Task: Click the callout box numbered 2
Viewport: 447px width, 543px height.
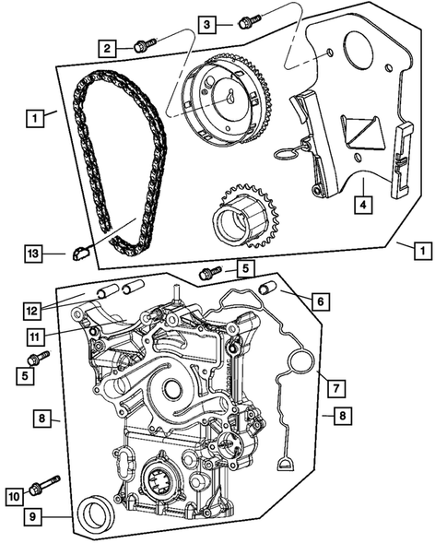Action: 109,47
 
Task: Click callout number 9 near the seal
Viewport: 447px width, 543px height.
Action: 33,516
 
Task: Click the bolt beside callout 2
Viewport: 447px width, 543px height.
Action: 143,42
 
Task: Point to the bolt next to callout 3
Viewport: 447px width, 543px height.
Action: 246,20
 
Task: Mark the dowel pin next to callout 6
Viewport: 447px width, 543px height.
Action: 270,289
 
